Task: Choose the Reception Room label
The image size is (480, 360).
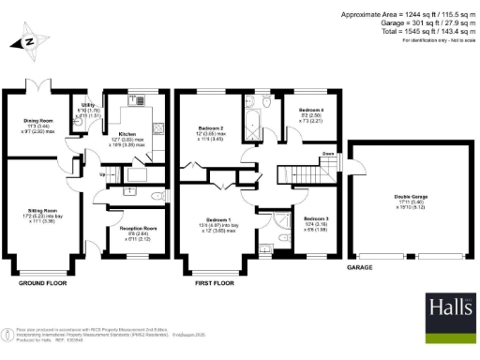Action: click(137, 228)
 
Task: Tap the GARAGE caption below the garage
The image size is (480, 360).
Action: click(362, 267)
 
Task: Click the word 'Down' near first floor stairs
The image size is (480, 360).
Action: click(327, 154)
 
